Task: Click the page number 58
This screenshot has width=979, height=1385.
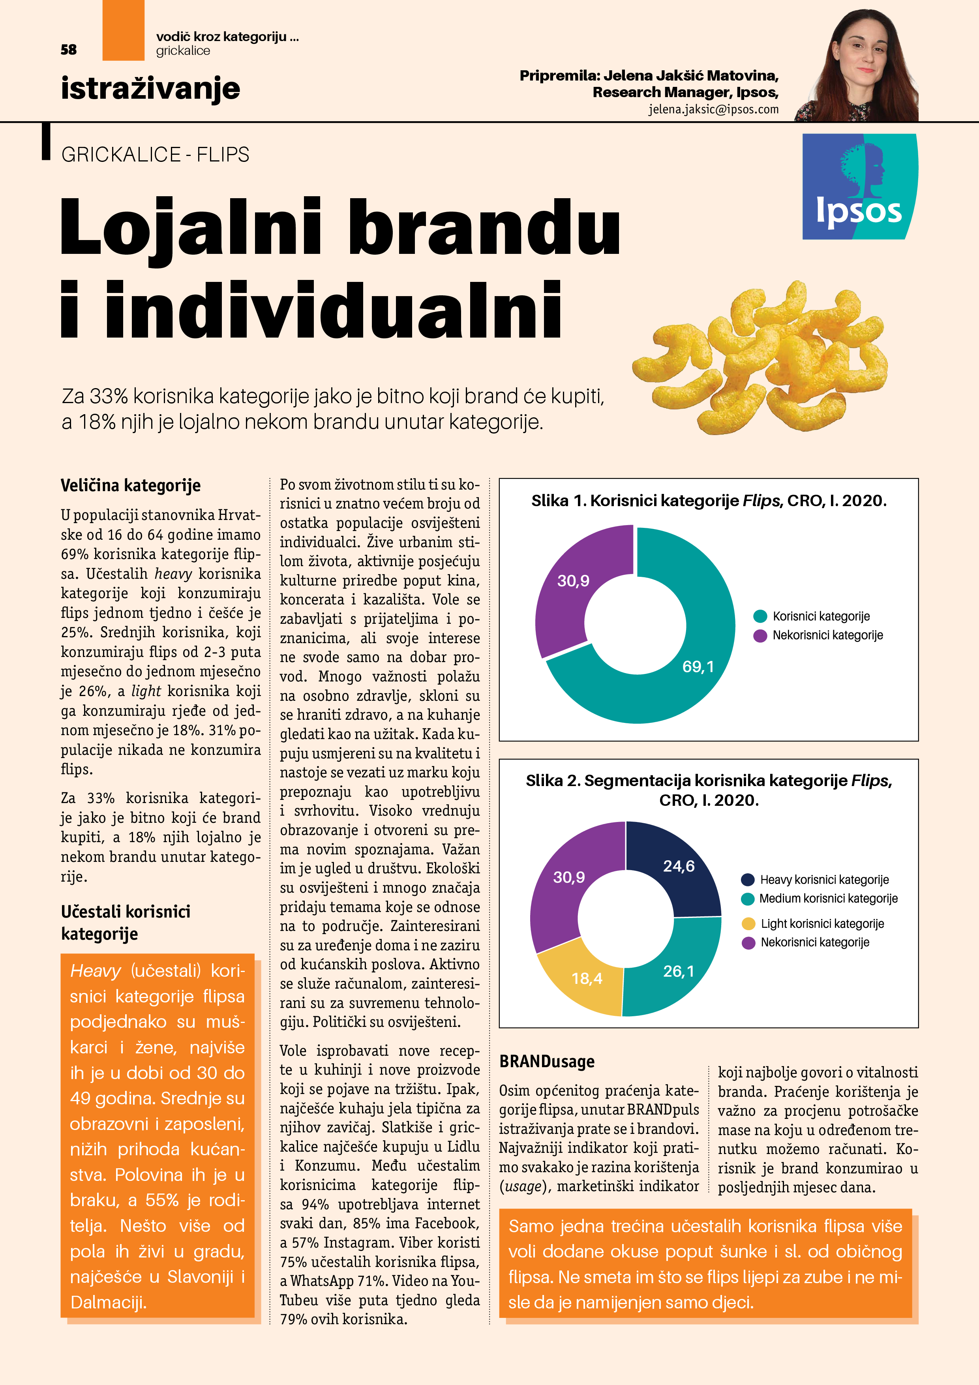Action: [69, 49]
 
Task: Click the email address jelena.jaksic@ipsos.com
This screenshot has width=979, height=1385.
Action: [714, 109]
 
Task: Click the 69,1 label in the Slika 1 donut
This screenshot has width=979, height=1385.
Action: [698, 666]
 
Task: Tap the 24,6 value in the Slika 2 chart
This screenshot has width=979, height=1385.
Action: [679, 866]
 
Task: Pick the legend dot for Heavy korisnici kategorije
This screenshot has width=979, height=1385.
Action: [748, 880]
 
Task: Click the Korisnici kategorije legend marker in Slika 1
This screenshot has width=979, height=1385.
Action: [760, 616]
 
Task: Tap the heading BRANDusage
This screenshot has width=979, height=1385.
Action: [546, 1062]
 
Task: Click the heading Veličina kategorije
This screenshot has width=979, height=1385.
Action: [130, 486]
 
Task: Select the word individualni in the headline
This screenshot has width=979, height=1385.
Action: [334, 311]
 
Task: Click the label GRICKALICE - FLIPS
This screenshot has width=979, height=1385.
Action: [155, 155]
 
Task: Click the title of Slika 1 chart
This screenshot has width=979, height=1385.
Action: [708, 501]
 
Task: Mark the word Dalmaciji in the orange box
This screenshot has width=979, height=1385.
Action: [109, 1302]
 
